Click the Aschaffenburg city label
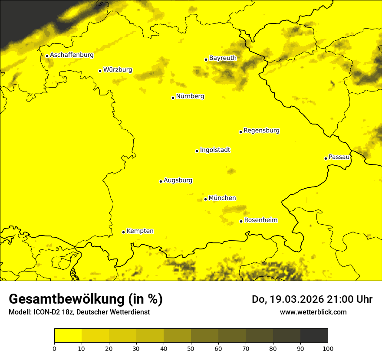pyautogui.click(x=72, y=55)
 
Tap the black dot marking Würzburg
pyautogui.click(x=100, y=71)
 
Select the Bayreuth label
pyautogui.click(x=223, y=58)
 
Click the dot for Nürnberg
pyautogui.click(x=173, y=98)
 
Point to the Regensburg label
pyautogui.click(x=261, y=130)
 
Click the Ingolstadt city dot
pyautogui.click(x=197, y=151)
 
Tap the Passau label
pyautogui.click(x=339, y=157)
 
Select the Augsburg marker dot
pyautogui.click(x=161, y=181)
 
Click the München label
pyautogui.click(x=222, y=198)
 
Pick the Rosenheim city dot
pyautogui.click(x=241, y=221)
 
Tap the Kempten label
pyautogui.click(x=140, y=231)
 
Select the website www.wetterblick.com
pyautogui.click(x=313, y=312)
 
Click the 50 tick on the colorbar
pyautogui.click(x=191, y=348)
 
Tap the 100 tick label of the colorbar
pyautogui.click(x=328, y=348)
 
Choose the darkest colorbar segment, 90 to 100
pyautogui.click(x=314, y=336)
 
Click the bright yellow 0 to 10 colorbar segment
pyautogui.click(x=68, y=336)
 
